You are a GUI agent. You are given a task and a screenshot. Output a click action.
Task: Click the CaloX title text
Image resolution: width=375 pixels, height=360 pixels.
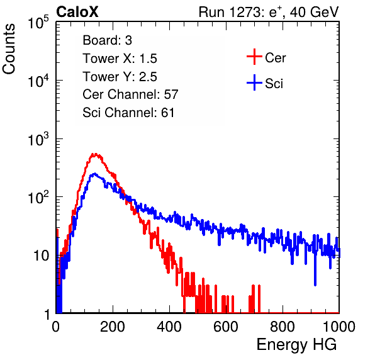click(77, 12)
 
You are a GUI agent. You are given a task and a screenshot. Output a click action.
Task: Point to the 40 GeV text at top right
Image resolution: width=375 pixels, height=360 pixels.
click(314, 12)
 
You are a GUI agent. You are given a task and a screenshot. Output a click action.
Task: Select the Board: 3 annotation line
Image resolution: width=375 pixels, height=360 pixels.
click(107, 40)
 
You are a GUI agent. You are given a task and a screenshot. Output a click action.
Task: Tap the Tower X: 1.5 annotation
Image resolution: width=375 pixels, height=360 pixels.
click(120, 59)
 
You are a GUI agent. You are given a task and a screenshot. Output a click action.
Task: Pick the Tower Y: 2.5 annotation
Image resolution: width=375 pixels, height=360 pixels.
click(120, 77)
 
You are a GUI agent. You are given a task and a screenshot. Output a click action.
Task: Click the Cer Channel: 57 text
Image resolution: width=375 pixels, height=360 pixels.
click(130, 94)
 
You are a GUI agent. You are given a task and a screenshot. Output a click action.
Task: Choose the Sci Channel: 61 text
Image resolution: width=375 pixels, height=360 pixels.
click(128, 113)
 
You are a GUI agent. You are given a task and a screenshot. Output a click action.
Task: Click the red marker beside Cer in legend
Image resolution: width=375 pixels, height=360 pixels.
click(254, 57)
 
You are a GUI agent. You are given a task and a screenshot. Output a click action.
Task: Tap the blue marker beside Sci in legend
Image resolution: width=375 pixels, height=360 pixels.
click(254, 82)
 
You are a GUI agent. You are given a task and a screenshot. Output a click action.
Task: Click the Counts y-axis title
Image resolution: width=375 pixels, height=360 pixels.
click(9, 49)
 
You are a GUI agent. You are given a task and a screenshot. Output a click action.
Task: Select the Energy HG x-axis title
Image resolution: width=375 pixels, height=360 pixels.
click(296, 345)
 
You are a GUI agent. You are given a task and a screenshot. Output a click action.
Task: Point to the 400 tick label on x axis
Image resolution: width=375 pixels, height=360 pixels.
click(169, 327)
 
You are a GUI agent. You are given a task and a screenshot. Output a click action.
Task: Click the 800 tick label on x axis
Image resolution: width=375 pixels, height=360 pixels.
click(283, 327)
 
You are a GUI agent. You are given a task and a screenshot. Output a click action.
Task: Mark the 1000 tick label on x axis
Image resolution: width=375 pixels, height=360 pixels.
click(339, 327)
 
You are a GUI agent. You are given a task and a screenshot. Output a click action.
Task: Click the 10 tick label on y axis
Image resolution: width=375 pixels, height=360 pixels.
click(42, 256)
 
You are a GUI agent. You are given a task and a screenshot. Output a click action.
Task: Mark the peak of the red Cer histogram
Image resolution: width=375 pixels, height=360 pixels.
click(95, 154)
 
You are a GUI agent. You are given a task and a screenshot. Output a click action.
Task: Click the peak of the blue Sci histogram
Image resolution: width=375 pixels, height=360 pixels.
click(95, 174)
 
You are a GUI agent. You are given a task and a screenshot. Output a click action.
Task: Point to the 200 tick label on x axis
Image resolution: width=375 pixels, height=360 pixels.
click(113, 327)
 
